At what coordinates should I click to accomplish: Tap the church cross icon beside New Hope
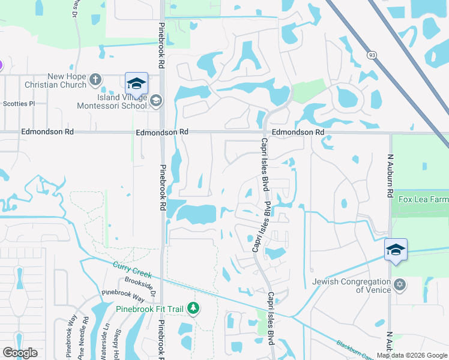95,79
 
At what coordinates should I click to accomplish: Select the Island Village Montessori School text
112,101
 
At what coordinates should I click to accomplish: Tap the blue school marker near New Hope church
136,83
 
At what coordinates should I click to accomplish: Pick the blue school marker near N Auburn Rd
396,250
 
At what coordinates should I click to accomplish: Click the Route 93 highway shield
373,55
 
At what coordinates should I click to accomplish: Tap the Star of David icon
400,284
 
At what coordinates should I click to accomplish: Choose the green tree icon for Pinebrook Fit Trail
193,308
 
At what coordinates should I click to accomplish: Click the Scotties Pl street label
19,104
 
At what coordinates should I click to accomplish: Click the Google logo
20,353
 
